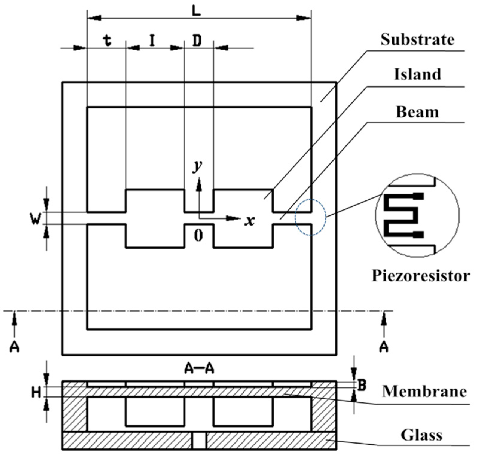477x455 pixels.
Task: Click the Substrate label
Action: (417, 40)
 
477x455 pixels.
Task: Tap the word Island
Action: (417, 74)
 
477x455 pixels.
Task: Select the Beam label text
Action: (417, 112)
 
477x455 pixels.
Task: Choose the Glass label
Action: (421, 435)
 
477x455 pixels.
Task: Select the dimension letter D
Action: (197, 41)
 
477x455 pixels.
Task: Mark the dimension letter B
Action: (362, 385)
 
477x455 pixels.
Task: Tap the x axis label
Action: (249, 221)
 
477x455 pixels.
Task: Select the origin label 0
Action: (198, 236)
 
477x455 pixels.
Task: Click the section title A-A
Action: (199, 369)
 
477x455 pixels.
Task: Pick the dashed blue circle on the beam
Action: (311, 217)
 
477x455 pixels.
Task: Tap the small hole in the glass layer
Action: (199, 441)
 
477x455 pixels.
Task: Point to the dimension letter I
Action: (152, 41)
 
